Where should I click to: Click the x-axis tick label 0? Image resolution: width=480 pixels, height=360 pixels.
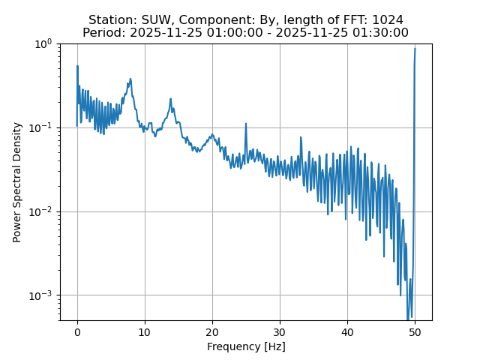click(x=77, y=332)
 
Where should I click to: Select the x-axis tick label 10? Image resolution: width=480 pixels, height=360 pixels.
click(x=145, y=332)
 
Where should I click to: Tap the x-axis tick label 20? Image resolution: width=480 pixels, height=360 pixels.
click(x=212, y=332)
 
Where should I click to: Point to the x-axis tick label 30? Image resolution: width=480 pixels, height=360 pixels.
click(x=280, y=332)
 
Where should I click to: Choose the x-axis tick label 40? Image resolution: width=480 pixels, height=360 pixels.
click(x=347, y=332)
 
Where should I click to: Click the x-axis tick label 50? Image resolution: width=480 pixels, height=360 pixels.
click(x=415, y=332)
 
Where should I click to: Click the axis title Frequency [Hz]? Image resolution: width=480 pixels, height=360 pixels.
click(x=246, y=346)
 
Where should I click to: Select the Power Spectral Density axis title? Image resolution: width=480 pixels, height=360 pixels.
click(x=17, y=182)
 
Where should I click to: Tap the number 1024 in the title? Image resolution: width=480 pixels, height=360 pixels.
click(x=387, y=19)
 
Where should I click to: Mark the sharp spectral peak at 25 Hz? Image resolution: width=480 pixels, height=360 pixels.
click(x=245, y=124)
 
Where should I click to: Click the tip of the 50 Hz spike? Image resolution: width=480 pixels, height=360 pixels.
click(x=415, y=49)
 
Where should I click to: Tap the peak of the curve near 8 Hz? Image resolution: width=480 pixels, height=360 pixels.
click(x=130, y=79)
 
